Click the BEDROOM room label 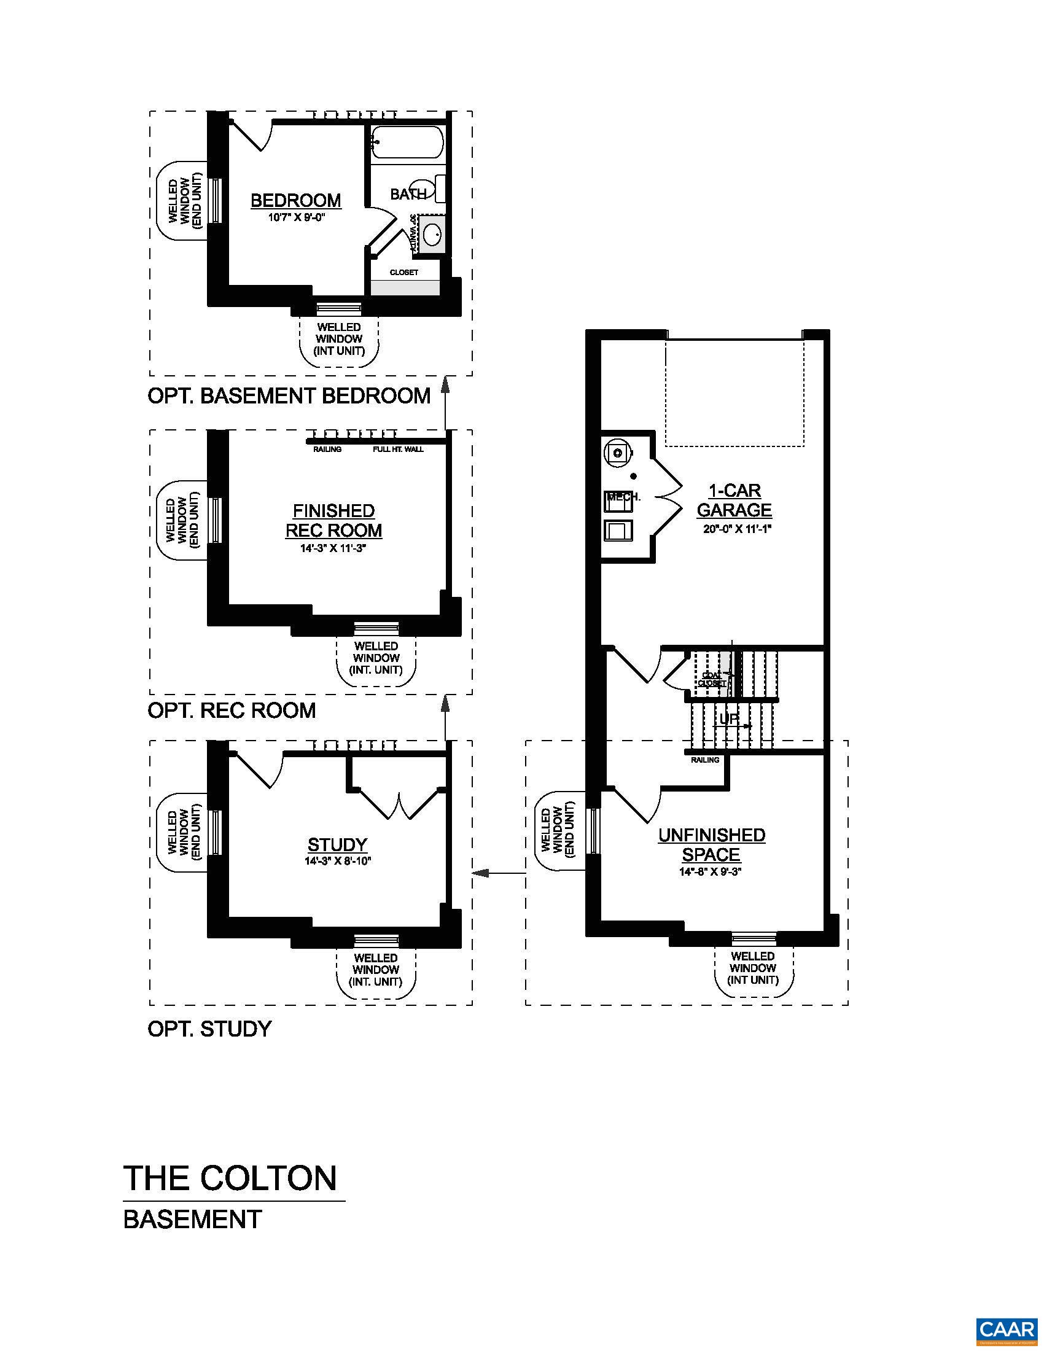pyautogui.click(x=295, y=200)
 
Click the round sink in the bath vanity pyautogui.click(x=432, y=235)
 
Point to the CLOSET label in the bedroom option pyautogui.click(x=403, y=272)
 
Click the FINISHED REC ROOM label pyautogui.click(x=333, y=520)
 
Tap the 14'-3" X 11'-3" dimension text pyautogui.click(x=333, y=548)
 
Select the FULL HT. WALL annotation pyautogui.click(x=398, y=449)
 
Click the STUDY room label pyautogui.click(x=338, y=844)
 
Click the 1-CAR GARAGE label pyautogui.click(x=734, y=500)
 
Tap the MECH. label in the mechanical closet pyautogui.click(x=623, y=497)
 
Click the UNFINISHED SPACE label pyautogui.click(x=711, y=844)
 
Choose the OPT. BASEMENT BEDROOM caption pyautogui.click(x=289, y=396)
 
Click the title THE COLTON pyautogui.click(x=230, y=1178)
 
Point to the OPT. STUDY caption pyautogui.click(x=209, y=1029)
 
